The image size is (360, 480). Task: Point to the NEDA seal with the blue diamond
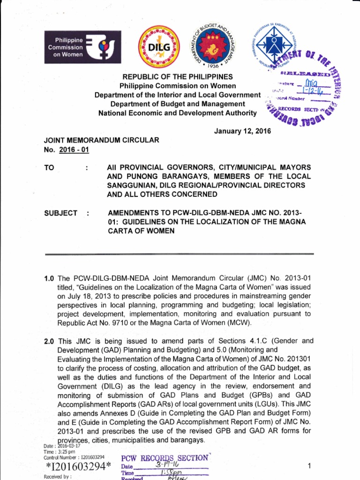(273, 45)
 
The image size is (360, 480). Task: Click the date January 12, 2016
(242, 131)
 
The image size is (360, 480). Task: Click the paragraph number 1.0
(50, 278)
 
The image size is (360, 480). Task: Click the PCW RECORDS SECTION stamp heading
(164, 458)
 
